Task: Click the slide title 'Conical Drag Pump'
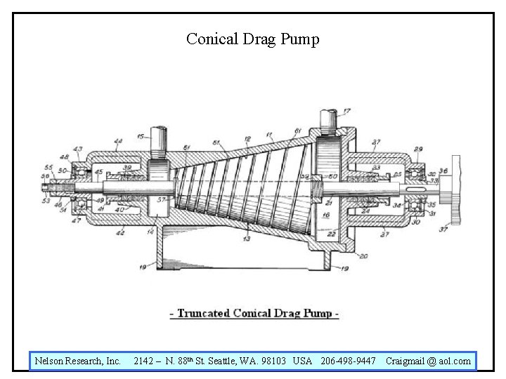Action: (252, 39)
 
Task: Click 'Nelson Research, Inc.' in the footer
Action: (78, 361)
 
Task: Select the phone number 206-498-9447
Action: (348, 361)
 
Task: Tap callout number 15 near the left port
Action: (141, 136)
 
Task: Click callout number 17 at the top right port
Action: (346, 112)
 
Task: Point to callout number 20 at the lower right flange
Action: (362, 256)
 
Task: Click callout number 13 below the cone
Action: (246, 240)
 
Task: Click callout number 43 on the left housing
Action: (77, 149)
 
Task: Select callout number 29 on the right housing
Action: (418, 149)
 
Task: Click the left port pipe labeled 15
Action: (159, 145)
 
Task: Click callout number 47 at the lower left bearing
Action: (76, 220)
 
